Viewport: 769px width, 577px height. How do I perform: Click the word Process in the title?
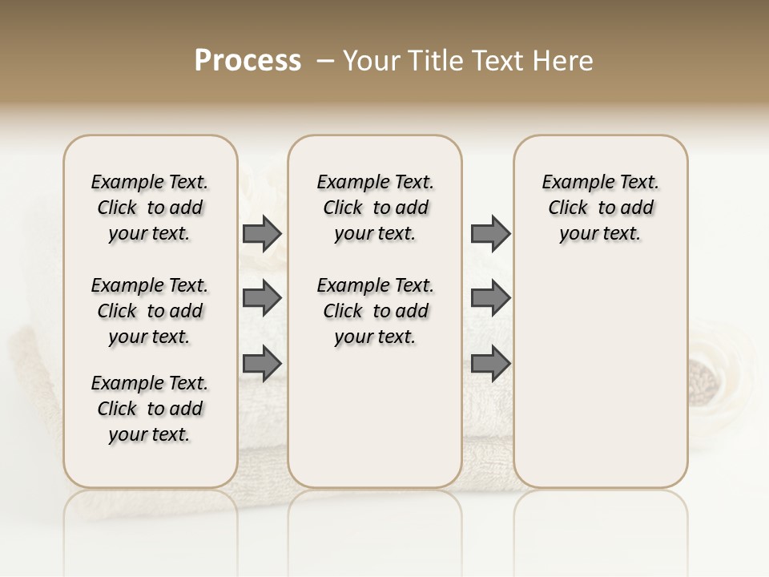tap(248, 60)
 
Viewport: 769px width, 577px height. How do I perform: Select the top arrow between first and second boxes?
tap(262, 234)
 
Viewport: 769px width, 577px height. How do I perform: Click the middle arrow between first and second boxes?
tap(262, 299)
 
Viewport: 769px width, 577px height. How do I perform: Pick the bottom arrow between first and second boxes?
tap(262, 363)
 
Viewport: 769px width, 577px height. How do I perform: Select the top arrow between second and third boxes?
tap(490, 234)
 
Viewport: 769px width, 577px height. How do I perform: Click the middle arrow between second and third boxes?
tap(490, 299)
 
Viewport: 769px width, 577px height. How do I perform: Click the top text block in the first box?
tap(150, 208)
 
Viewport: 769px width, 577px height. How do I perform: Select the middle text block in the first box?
tap(150, 311)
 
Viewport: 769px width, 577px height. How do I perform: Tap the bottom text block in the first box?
tap(150, 409)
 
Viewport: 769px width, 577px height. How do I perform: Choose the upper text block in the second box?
tap(376, 208)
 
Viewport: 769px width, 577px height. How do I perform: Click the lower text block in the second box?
tap(376, 311)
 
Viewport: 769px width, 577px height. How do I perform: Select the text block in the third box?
tap(601, 208)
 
